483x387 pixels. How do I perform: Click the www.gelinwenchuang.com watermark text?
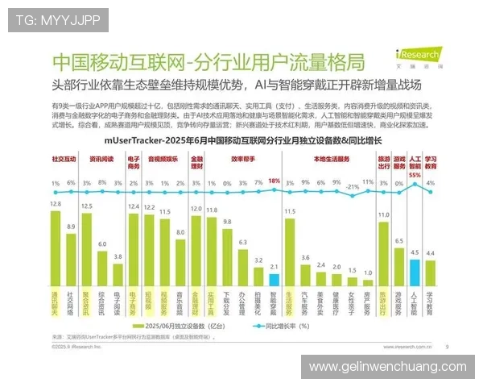click(388, 367)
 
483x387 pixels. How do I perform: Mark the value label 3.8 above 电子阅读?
click(118, 256)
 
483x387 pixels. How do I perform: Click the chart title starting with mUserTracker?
click(241, 140)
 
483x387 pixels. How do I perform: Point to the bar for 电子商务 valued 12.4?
click(134, 246)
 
